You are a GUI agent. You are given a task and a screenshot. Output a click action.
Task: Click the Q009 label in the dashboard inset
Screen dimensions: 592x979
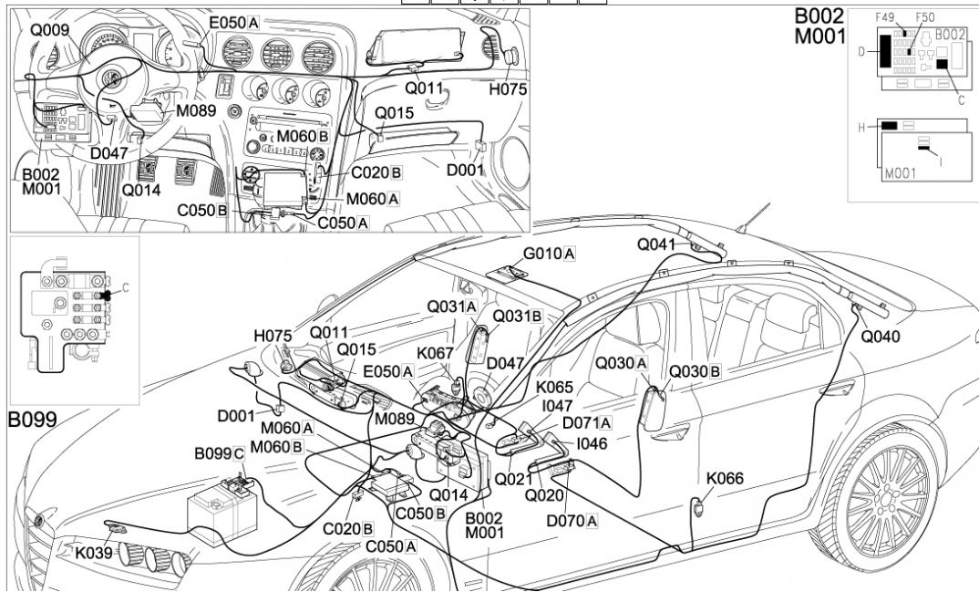pyautogui.click(x=49, y=29)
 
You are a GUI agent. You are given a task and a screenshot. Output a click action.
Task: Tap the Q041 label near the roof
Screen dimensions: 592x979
pyautogui.click(x=656, y=244)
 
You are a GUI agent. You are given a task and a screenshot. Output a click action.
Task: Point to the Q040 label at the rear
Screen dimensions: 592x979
pyautogui.click(x=881, y=337)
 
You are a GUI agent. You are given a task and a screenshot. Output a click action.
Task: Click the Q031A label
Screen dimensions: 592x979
pyautogui.click(x=452, y=307)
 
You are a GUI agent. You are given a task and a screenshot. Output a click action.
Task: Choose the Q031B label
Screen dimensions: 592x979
pyautogui.click(x=518, y=317)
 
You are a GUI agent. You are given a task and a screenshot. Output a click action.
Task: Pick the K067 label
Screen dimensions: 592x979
pyautogui.click(x=436, y=352)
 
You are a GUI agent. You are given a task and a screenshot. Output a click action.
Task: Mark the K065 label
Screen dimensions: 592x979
pyautogui.click(x=554, y=388)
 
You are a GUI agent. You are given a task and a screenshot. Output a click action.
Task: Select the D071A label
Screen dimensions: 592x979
pyautogui.click(x=587, y=422)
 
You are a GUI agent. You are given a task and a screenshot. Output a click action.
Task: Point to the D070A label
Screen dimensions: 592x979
pyautogui.click(x=572, y=520)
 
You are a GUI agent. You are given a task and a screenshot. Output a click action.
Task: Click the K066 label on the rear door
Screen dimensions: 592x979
pyautogui.click(x=725, y=478)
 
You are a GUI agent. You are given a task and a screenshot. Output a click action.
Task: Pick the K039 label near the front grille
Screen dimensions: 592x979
pyautogui.click(x=95, y=552)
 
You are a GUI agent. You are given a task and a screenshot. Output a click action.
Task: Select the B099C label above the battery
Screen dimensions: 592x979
pyautogui.click(x=220, y=453)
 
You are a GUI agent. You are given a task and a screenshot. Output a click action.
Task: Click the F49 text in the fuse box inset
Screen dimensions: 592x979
pyautogui.click(x=883, y=17)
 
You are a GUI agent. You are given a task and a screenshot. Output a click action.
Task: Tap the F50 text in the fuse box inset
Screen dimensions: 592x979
pyautogui.click(x=924, y=17)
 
